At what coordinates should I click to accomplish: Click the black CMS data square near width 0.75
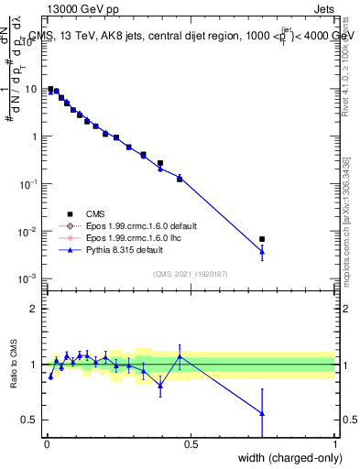262,239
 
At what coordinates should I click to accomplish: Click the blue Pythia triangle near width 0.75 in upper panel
262,251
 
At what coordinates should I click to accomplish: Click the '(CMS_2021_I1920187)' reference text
191,272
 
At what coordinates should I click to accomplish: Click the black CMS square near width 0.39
160,163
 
